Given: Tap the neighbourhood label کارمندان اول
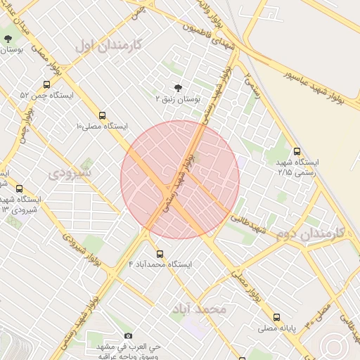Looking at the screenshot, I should click(x=108, y=46).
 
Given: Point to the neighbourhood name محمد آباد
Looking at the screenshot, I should click(x=199, y=309).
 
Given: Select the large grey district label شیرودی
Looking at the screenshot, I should click(x=70, y=172).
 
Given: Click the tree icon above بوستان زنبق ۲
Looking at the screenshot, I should click(x=177, y=88).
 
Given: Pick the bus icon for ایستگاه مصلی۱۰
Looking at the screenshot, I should click(x=103, y=115).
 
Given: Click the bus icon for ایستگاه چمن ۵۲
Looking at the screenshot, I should click(x=47, y=84).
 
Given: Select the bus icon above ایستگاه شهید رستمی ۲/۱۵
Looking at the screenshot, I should click(x=297, y=150).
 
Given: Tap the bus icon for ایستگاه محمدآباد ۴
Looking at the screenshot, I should click(x=160, y=254).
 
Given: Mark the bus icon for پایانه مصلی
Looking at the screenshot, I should click(x=276, y=317).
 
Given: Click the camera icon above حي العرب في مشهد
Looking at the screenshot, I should click(x=127, y=336).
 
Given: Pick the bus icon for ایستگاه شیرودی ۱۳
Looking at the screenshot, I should click(x=19, y=188).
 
